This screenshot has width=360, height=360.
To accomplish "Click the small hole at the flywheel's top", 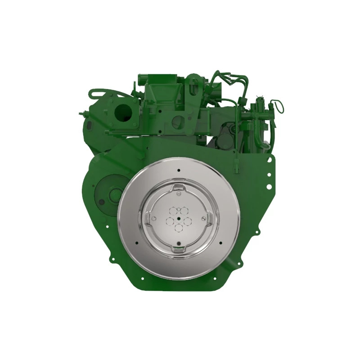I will click(x=179, y=170).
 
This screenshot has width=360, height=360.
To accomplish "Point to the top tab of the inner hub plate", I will click(x=179, y=186).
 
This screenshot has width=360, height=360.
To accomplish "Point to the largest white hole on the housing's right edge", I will click(x=269, y=186).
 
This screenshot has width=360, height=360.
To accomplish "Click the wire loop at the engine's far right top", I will click(x=279, y=106).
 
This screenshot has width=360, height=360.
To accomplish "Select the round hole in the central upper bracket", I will click(x=178, y=121).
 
